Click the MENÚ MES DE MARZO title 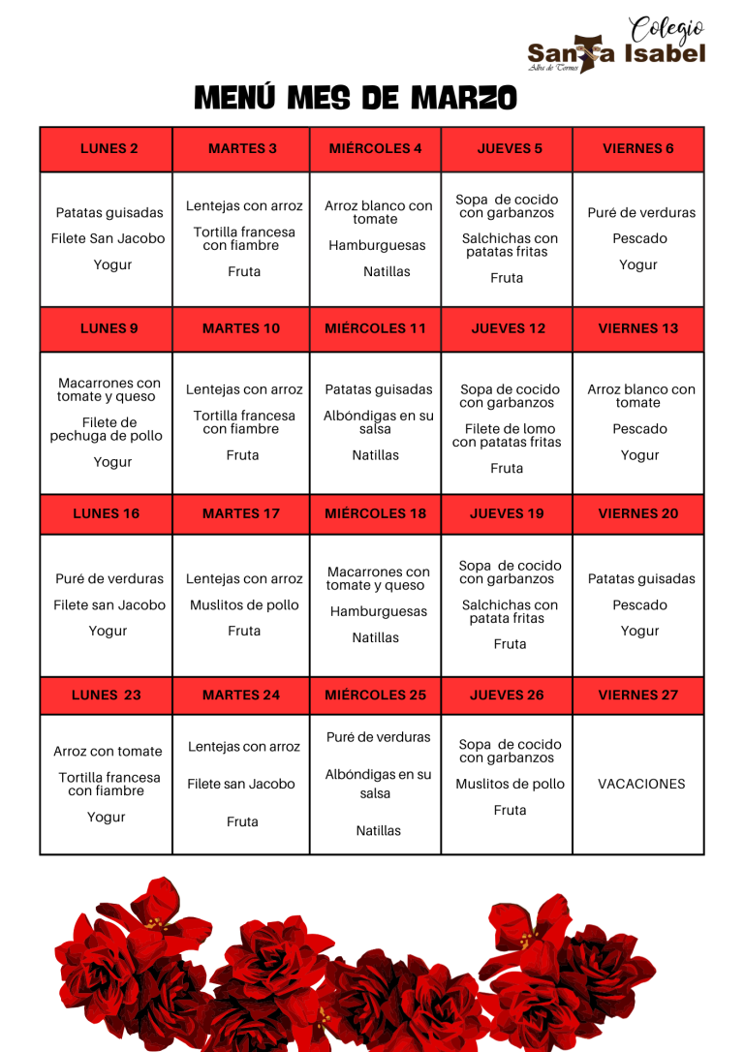(356, 98)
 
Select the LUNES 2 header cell (108, 148)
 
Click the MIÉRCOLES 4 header (375, 148)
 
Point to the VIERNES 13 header (638, 328)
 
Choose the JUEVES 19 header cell (507, 513)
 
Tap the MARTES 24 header (241, 695)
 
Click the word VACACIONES (641, 784)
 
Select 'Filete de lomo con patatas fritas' (507, 435)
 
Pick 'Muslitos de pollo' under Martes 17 (244, 604)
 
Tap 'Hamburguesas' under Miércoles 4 (377, 246)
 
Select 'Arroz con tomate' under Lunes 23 (108, 751)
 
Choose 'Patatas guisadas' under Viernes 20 (641, 578)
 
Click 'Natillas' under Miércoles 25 (378, 830)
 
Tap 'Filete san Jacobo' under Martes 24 (241, 784)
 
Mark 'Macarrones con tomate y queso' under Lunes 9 (109, 389)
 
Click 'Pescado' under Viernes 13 (639, 428)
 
